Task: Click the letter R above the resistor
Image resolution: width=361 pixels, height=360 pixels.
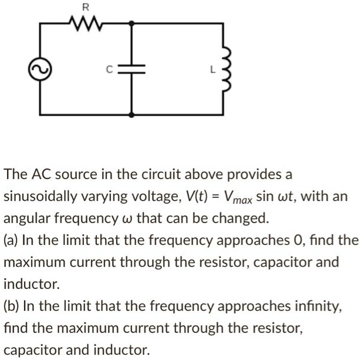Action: [85, 8]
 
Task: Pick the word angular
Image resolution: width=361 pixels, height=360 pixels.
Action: [28, 218]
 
